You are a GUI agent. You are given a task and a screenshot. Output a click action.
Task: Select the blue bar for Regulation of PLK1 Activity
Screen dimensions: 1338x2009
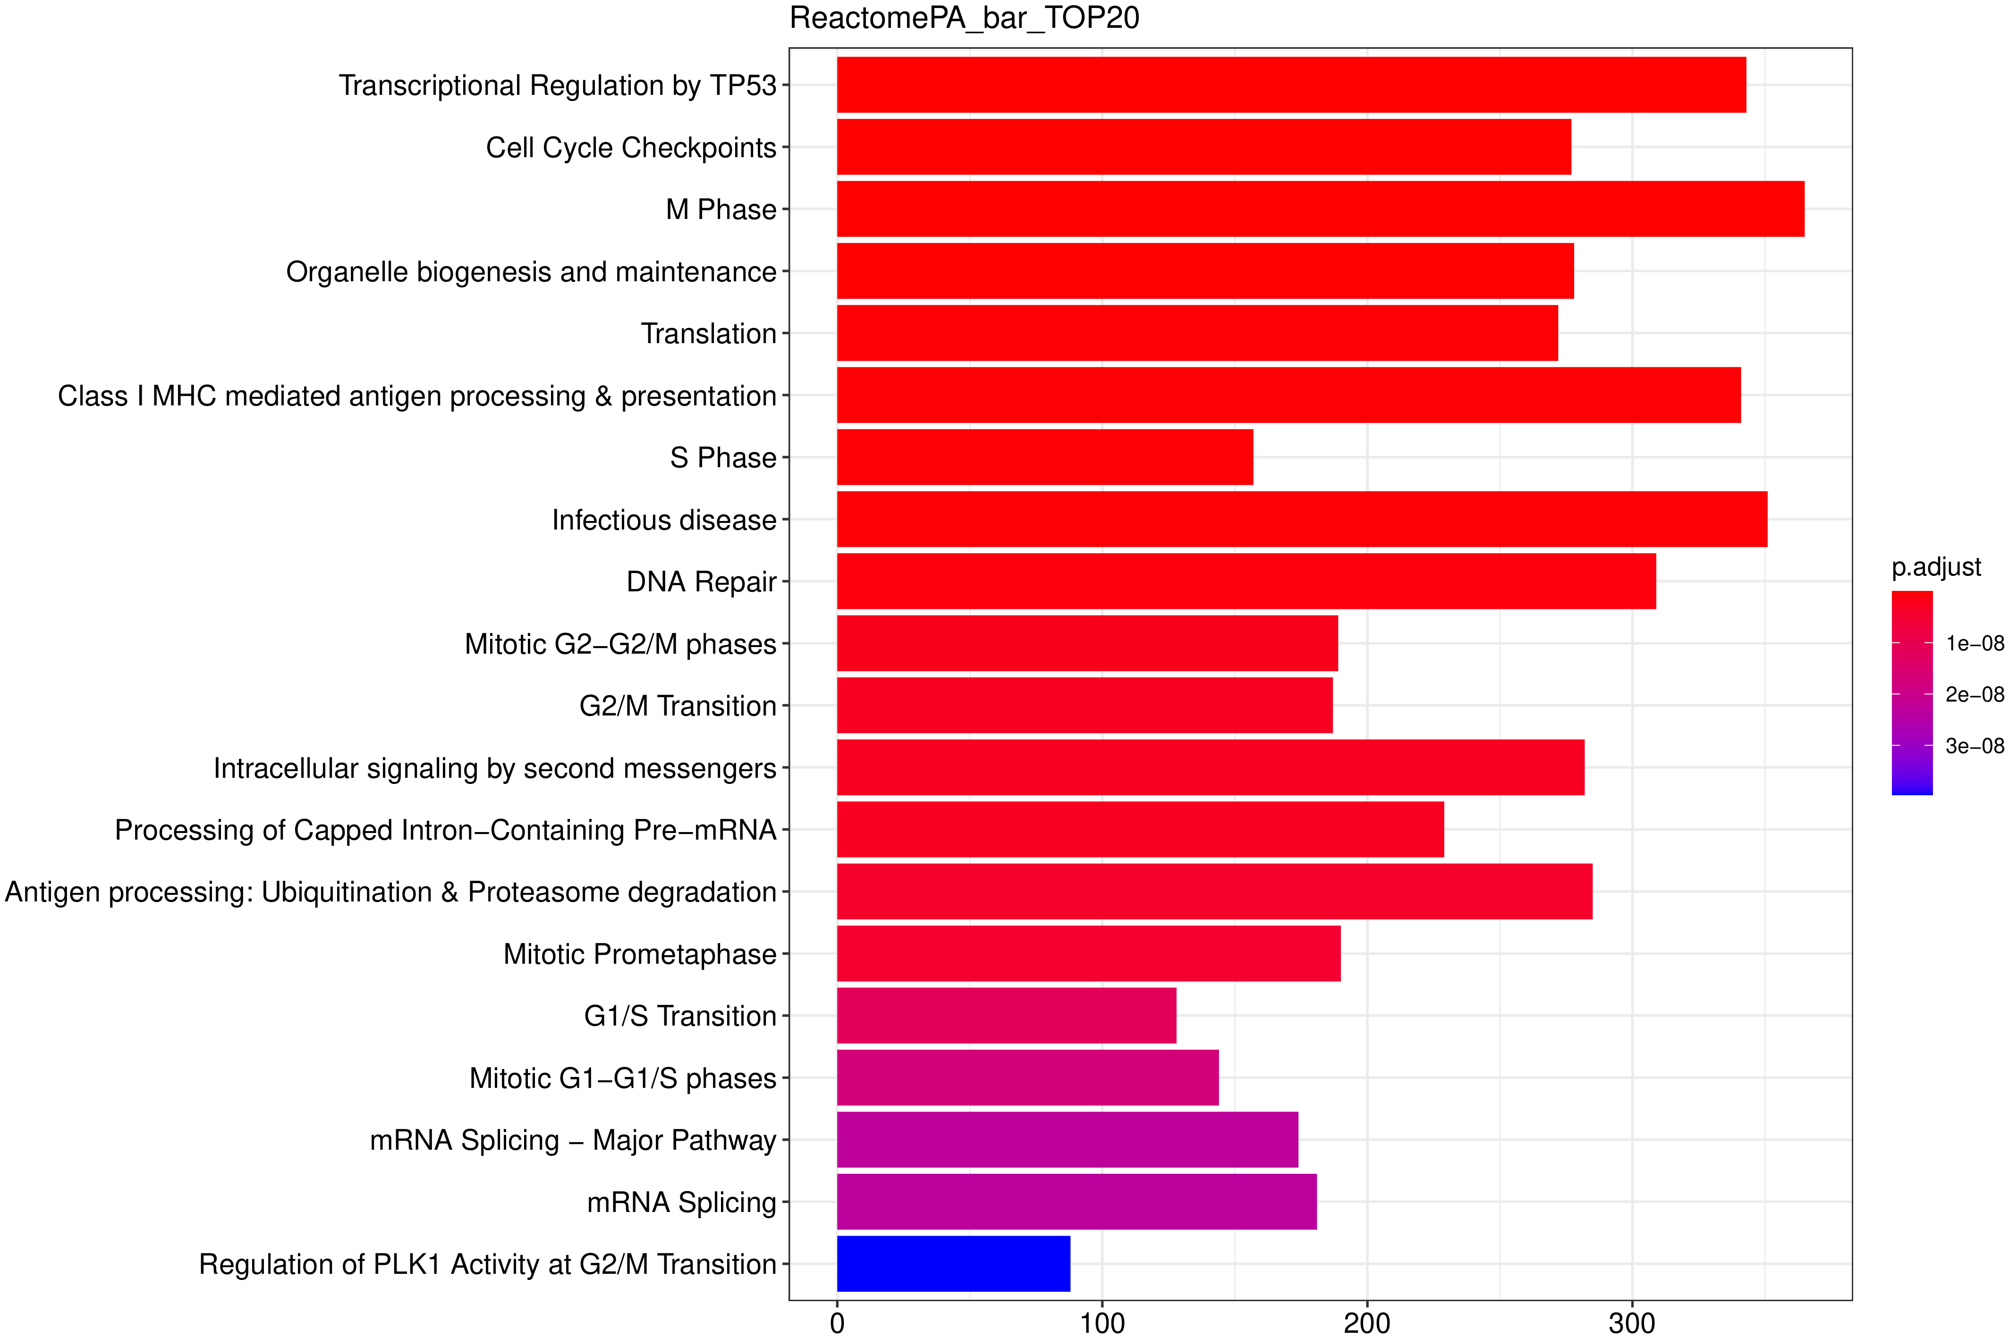point(953,1264)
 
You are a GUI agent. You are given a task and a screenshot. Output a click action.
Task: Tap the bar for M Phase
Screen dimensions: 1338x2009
point(1320,209)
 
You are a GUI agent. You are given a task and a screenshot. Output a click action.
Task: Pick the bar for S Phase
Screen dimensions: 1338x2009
point(1044,457)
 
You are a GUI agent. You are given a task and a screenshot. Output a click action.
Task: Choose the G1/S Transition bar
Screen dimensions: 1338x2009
point(1006,1016)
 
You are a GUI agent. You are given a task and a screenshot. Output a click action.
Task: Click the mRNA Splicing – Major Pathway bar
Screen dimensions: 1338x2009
point(1067,1140)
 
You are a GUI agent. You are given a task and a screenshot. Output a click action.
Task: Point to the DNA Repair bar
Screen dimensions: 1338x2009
point(1246,581)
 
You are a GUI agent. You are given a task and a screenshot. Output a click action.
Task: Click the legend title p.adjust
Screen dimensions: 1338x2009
point(1936,567)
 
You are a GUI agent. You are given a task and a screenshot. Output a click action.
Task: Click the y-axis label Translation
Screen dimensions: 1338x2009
point(708,334)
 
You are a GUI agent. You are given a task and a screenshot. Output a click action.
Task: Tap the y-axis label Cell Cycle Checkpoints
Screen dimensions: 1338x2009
point(631,148)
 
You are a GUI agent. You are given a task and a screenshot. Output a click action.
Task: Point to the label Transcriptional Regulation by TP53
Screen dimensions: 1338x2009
point(557,85)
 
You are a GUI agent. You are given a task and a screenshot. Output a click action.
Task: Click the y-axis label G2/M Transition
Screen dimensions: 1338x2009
point(678,706)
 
